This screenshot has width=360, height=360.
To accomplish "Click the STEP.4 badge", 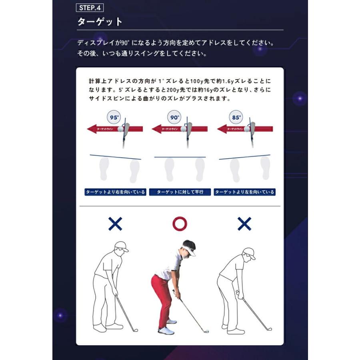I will click(90, 8).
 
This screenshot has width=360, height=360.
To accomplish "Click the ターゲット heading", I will click(100, 22).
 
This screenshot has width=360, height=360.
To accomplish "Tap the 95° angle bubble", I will click(114, 118).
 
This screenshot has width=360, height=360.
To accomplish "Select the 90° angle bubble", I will click(174, 118).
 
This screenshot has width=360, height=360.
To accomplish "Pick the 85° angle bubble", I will click(236, 118).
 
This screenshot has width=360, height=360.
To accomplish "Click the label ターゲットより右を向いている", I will click(115, 192).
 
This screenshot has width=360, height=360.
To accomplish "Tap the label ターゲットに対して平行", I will click(180, 192).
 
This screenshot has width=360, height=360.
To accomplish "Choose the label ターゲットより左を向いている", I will click(244, 192).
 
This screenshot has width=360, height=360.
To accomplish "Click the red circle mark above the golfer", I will click(180, 224).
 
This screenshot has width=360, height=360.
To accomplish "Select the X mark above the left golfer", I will click(115, 224).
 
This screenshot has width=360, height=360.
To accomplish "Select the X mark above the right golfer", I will click(244, 224).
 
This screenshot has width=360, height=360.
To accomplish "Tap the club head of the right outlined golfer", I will click(269, 329).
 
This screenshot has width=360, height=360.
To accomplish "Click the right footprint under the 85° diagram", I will click(265, 167).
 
